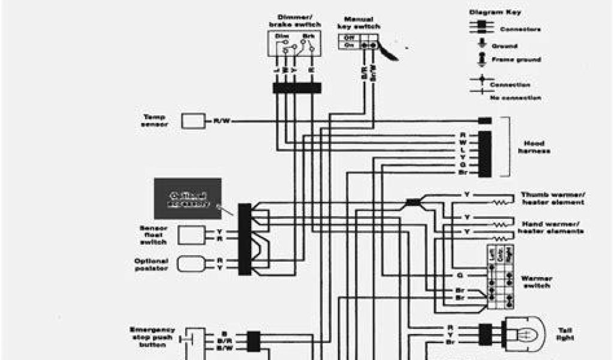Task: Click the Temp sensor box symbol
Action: click(193, 121)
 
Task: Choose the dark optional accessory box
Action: click(188, 198)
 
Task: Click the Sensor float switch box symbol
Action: click(189, 234)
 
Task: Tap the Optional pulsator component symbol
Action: click(190, 264)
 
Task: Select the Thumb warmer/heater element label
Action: click(552, 199)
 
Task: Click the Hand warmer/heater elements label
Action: click(550, 227)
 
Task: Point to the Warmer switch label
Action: click(537, 282)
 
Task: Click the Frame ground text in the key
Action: click(516, 60)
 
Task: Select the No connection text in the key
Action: click(516, 97)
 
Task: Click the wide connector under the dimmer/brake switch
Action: click(296, 88)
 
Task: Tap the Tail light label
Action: click(565, 334)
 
